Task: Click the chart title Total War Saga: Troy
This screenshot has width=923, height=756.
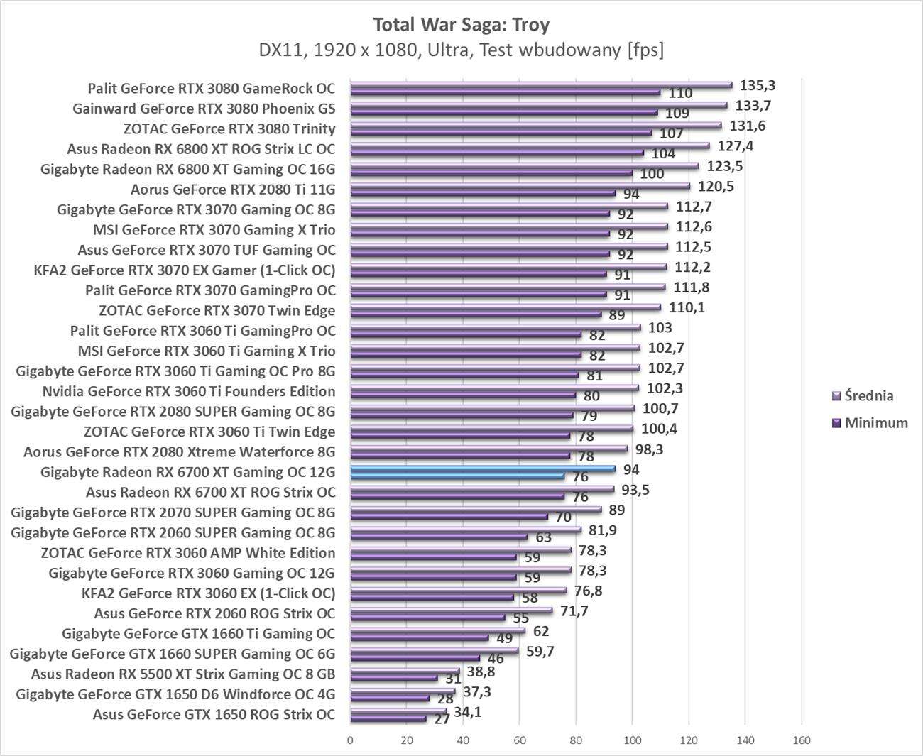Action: (461, 26)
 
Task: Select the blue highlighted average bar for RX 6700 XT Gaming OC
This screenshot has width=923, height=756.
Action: (483, 469)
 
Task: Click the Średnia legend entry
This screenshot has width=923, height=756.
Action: (868, 395)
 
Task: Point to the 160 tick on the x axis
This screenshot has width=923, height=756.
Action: (801, 740)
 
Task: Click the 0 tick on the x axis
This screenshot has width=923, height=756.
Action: (350, 740)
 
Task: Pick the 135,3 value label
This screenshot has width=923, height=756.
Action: (758, 85)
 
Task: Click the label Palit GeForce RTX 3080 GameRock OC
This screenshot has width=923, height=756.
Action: (211, 89)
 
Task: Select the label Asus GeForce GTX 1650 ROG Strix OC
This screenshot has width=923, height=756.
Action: (214, 714)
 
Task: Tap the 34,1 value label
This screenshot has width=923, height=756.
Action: (468, 711)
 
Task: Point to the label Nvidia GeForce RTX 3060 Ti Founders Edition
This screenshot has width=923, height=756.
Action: (189, 391)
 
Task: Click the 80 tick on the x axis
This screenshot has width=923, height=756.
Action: (576, 740)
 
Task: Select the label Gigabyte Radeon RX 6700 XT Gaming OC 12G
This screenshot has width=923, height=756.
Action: (187, 472)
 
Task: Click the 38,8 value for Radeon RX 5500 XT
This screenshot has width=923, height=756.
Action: (481, 671)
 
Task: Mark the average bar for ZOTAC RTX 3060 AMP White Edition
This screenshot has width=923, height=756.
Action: (461, 549)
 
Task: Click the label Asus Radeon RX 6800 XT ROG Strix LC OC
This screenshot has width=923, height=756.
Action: (201, 149)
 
